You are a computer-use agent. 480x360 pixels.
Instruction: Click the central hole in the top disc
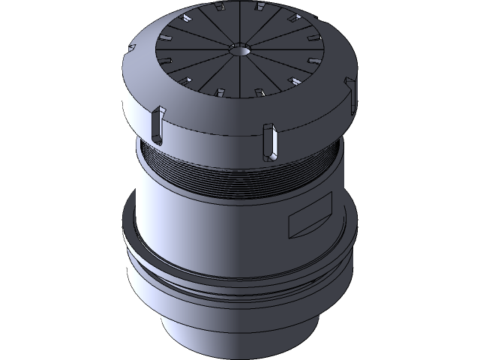pyautogui.click(x=239, y=50)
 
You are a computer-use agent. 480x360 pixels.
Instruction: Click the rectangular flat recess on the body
pyautogui.click(x=310, y=217)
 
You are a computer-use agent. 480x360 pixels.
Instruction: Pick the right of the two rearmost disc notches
pyautogui.click(x=259, y=8)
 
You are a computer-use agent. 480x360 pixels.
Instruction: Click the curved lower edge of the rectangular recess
pyautogui.click(x=310, y=228)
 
